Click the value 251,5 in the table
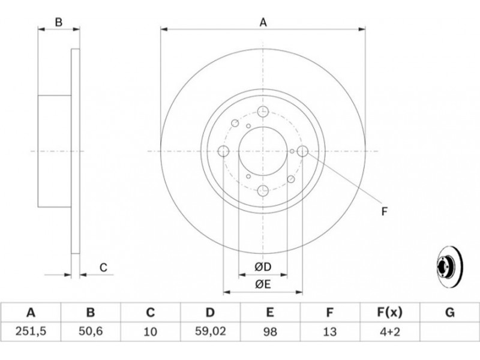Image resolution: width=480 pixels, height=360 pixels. pyautogui.click(x=31, y=331)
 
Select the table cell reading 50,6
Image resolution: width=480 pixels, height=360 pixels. pyautogui.click(x=91, y=331)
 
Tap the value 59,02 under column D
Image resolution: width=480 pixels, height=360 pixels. pyautogui.click(x=211, y=331)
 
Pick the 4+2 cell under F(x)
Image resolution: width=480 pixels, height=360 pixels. pyautogui.click(x=389, y=331)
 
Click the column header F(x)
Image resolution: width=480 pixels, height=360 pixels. pyautogui.click(x=389, y=313)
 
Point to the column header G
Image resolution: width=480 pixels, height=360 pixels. pyautogui.click(x=449, y=313)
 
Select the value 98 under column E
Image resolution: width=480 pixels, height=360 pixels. pyautogui.click(x=269, y=331)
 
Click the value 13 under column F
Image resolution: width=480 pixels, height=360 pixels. pyautogui.click(x=329, y=331)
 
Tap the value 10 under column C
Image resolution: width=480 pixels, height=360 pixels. pyautogui.click(x=150, y=331)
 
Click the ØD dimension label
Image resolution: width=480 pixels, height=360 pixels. pyautogui.click(x=263, y=267)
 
